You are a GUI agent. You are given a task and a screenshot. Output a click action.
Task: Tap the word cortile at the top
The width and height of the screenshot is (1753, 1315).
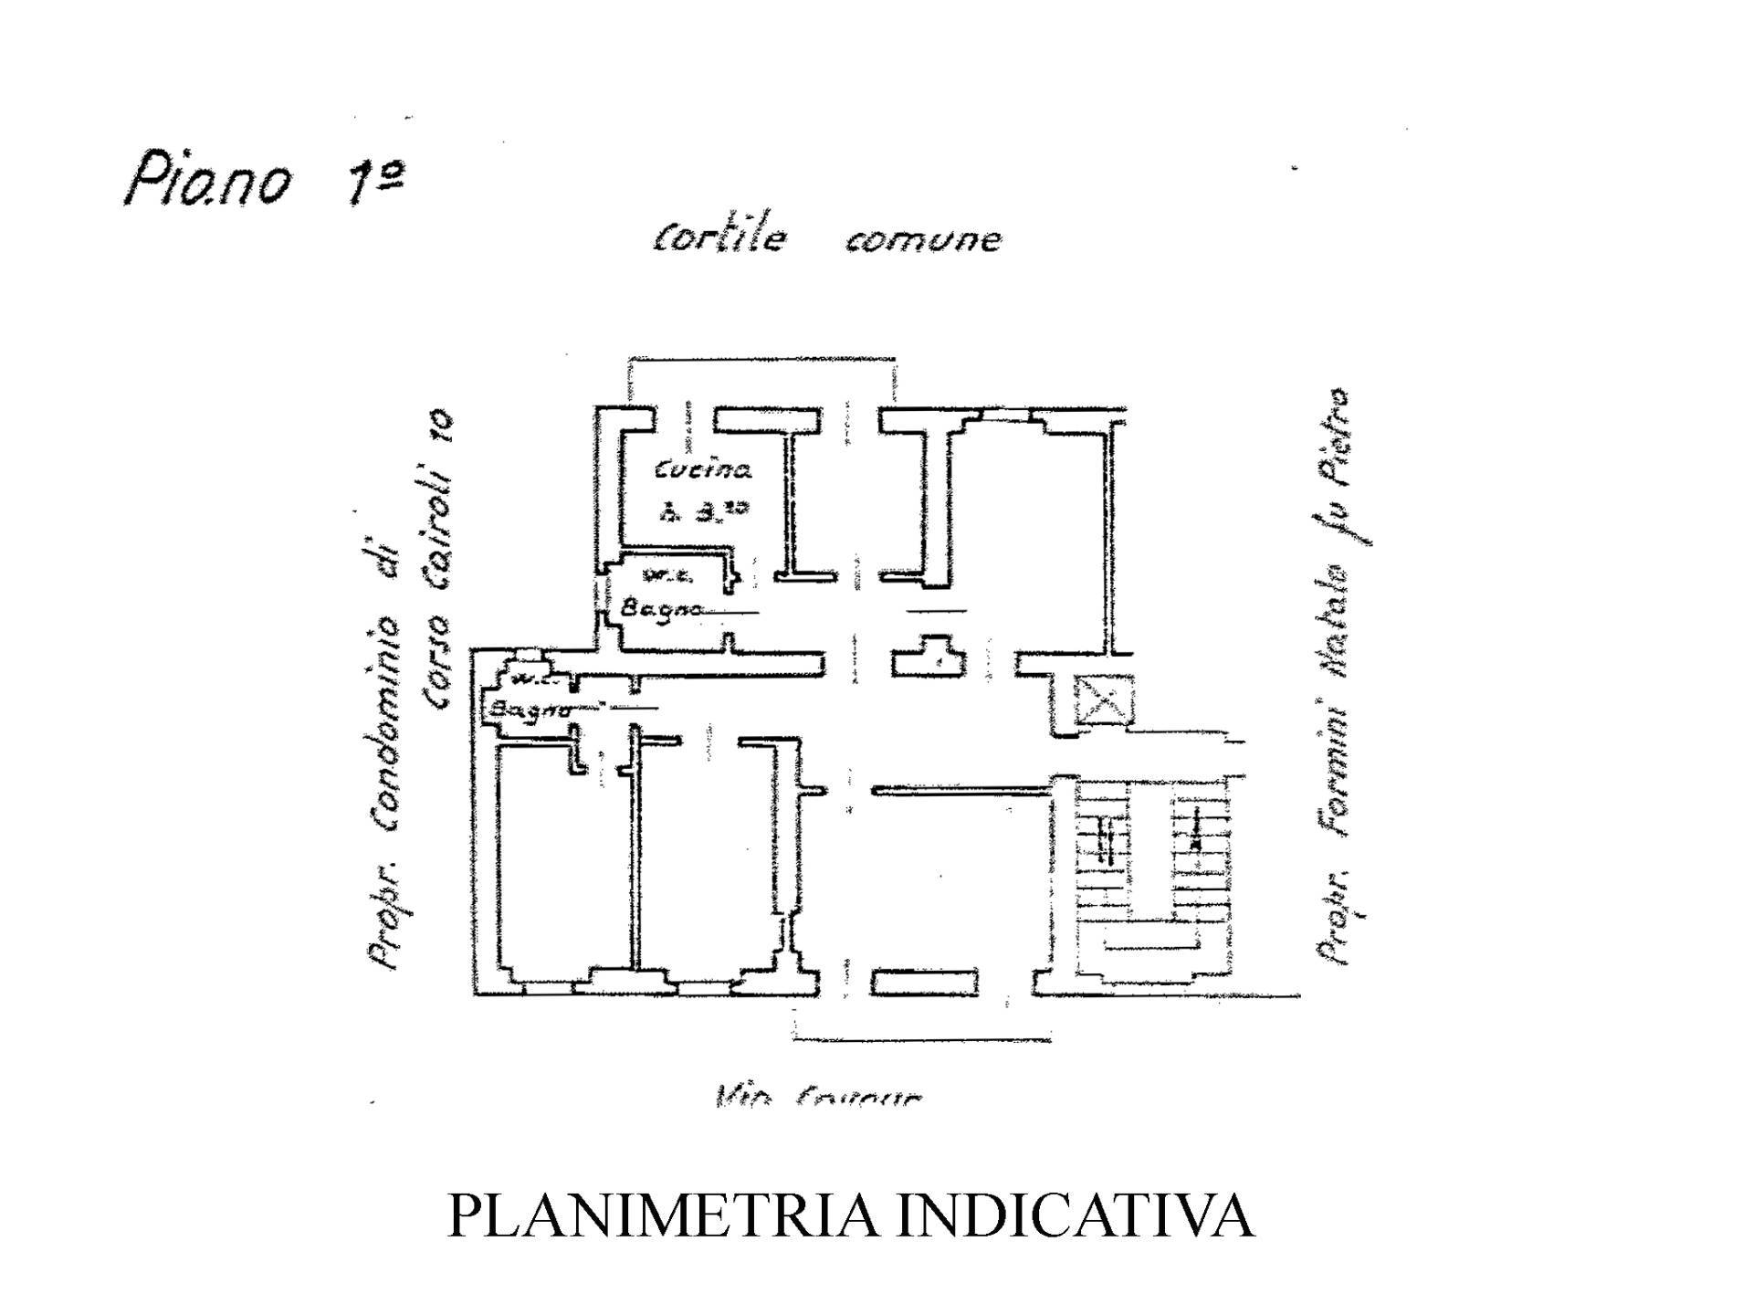[719, 237]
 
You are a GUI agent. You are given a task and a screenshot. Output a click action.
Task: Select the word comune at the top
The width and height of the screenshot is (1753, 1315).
[923, 240]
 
